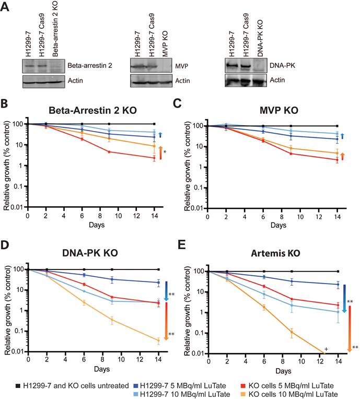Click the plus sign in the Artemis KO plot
coord(326,349)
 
